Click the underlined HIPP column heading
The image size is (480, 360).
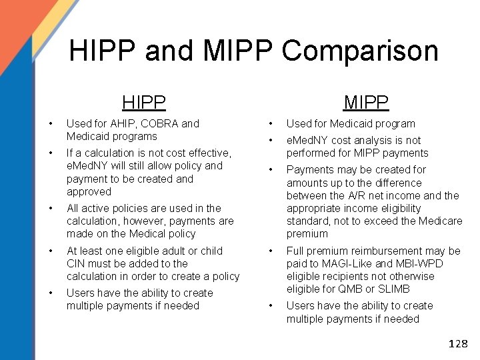(144, 102)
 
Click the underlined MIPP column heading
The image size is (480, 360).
(366, 102)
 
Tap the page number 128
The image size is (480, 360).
(458, 344)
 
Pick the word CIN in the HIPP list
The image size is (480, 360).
(76, 263)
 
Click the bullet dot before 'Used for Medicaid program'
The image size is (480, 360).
(270, 123)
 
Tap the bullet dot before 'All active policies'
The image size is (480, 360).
(51, 208)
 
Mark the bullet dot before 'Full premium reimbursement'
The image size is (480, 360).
(270, 251)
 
